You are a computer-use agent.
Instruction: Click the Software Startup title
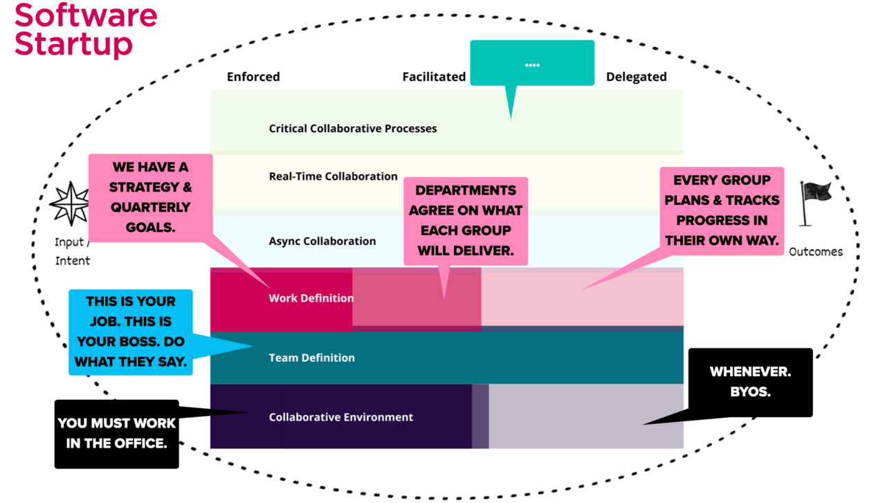pos(85,30)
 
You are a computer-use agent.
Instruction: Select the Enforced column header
pos(253,77)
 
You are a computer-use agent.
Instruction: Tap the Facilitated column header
pos(434,77)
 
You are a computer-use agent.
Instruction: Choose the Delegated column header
pos(636,77)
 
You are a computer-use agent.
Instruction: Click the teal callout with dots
pos(531,64)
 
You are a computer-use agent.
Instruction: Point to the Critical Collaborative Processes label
pos(353,128)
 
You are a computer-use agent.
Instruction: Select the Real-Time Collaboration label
pos(333,176)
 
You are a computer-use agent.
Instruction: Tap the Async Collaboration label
pos(322,241)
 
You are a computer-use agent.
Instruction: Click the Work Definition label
pos(311,298)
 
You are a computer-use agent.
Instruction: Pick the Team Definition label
pos(311,358)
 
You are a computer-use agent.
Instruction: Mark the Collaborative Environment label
pos(340,417)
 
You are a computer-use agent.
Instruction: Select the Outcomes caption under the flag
pos(816,252)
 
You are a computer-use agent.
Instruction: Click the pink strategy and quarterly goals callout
pos(149,197)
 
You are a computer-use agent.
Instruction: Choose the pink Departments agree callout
pos(465,221)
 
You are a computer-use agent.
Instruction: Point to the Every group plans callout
pos(722,210)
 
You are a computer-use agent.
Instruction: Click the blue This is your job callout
pos(130,331)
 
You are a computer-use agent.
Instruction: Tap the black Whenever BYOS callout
pos(750,382)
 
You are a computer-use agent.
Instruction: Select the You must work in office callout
pos(116,433)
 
